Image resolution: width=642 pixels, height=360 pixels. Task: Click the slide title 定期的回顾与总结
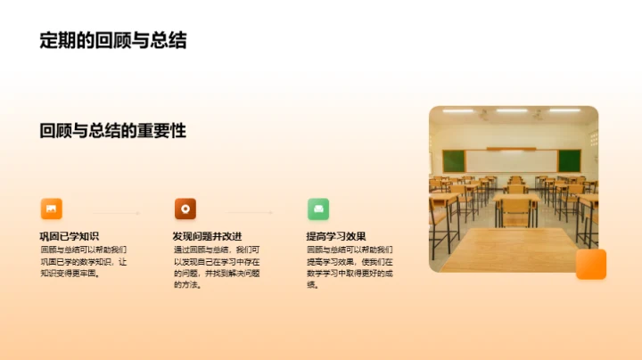tap(113, 40)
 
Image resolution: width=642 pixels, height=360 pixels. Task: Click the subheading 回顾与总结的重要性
tap(113, 130)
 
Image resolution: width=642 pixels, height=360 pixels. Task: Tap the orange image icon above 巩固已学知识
tap(52, 209)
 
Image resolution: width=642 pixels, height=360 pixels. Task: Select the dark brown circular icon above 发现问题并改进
tap(185, 209)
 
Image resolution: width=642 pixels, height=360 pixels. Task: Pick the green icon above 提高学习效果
tap(318, 209)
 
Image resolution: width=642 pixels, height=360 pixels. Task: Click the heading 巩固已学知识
tap(70, 236)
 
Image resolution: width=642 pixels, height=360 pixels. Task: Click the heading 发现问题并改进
tap(207, 236)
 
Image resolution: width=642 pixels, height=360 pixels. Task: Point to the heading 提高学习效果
tap(336, 236)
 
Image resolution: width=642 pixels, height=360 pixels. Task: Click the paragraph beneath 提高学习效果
tap(349, 267)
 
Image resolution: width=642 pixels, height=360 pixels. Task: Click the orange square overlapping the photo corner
tap(590, 264)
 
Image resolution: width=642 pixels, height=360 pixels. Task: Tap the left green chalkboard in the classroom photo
tap(455, 160)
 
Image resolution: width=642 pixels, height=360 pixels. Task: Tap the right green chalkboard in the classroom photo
tap(569, 160)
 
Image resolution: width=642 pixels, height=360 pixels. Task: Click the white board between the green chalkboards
tap(511, 160)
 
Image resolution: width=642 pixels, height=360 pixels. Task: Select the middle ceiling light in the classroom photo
tap(512, 111)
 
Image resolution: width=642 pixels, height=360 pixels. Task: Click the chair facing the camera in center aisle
tap(517, 210)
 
